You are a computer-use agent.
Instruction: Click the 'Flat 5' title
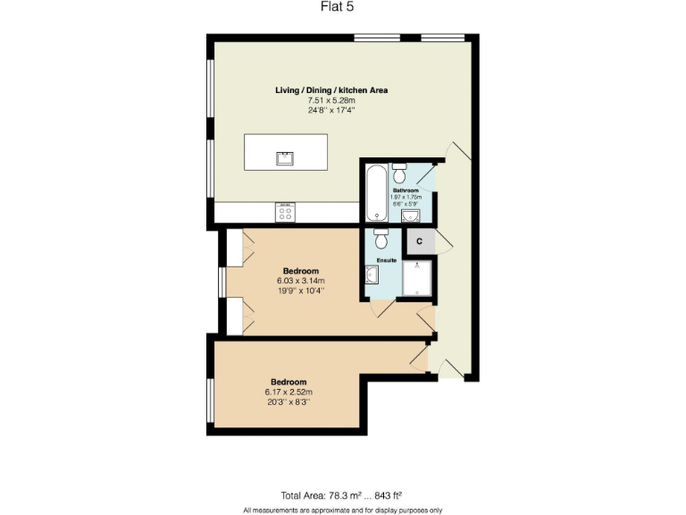(342, 8)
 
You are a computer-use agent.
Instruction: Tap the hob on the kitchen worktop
(286, 213)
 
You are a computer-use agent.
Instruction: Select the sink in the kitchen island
(285, 159)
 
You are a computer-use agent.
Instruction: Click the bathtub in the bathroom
(376, 192)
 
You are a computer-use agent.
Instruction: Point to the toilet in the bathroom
(400, 171)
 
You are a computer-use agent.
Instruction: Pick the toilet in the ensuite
(381, 239)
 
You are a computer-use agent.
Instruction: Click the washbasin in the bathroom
(410, 215)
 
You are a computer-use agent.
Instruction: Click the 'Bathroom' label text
(406, 190)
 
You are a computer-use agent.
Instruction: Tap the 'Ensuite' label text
(386, 260)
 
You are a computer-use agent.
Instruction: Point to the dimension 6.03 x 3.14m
(300, 281)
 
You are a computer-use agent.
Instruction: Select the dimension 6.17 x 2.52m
(288, 392)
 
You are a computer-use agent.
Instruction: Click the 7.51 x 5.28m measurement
(330, 100)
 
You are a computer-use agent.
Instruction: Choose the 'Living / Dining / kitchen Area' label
(330, 90)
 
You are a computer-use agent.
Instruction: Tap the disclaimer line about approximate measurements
(342, 510)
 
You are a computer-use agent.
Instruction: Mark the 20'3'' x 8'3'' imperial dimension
(288, 401)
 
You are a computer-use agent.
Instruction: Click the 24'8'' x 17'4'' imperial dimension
(330, 110)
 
